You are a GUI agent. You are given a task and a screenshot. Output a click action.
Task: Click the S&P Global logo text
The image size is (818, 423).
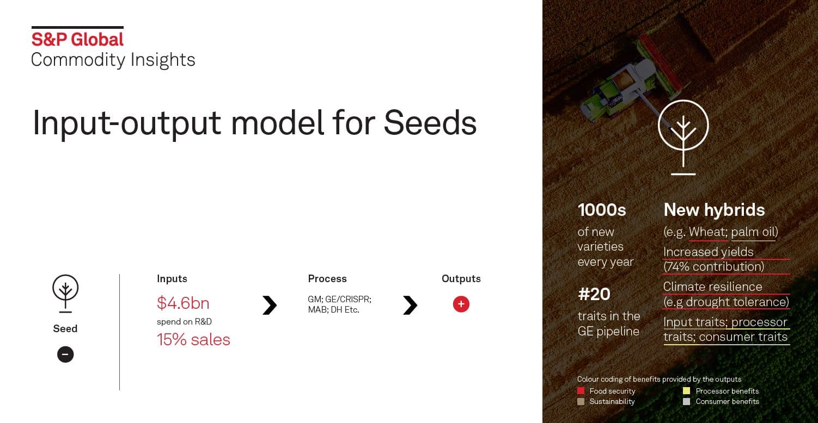tap(77, 39)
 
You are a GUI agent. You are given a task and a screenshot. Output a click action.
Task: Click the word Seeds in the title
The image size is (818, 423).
tap(430, 123)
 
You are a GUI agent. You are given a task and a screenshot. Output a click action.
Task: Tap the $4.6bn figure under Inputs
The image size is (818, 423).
tap(183, 303)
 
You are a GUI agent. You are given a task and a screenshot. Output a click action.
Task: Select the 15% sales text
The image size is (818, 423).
tap(193, 339)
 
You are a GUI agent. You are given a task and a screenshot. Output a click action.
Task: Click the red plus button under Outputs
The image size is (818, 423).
tap(461, 304)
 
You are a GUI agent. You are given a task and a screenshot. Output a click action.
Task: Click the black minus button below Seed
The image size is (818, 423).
tap(65, 354)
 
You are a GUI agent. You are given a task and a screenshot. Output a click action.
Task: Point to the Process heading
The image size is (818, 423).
tap(327, 278)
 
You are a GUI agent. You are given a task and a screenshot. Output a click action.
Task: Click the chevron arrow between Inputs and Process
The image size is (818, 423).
tap(270, 305)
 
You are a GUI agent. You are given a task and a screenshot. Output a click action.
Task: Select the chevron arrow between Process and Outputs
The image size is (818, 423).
tap(410, 305)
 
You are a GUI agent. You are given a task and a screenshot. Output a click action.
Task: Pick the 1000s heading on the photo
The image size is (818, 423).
tap(602, 210)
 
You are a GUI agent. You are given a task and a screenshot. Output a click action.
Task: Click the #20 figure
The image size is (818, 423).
tap(594, 294)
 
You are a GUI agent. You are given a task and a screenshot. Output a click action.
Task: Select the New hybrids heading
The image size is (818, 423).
tap(715, 210)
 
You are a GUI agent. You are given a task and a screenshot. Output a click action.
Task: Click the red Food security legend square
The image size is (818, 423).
tap(581, 391)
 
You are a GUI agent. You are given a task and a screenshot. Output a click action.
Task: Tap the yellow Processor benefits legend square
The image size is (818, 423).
tap(687, 391)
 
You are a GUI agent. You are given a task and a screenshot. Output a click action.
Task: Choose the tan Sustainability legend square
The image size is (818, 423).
tap(581, 401)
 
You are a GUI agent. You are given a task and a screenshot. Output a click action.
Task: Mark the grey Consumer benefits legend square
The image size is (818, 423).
tap(687, 401)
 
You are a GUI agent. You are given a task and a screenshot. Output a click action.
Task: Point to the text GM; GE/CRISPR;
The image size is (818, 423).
tap(340, 300)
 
